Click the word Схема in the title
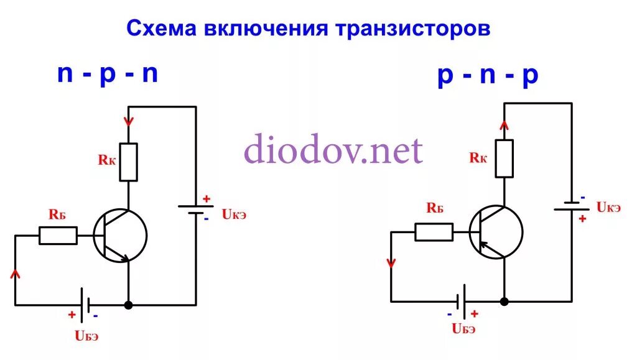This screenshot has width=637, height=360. [x=162, y=29]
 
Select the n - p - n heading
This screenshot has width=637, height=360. [x=107, y=74]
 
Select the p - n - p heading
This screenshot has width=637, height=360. [x=488, y=76]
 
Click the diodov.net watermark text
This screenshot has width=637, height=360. [x=333, y=150]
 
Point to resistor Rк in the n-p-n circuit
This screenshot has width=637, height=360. [x=128, y=162]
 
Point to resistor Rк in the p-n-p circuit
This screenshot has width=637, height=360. [x=504, y=158]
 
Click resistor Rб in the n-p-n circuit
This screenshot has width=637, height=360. [x=58, y=236]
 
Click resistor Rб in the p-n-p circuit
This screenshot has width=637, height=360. [x=434, y=232]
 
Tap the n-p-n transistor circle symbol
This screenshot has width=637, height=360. [x=121, y=236]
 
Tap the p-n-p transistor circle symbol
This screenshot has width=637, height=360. [x=496, y=232]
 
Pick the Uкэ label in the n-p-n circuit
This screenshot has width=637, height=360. [x=234, y=215]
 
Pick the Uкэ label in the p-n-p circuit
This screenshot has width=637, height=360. [x=608, y=207]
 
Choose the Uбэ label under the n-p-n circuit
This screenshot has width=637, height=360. [x=86, y=336]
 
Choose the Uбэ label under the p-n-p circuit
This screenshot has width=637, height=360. [x=464, y=329]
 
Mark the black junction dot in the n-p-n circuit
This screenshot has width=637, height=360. [x=128, y=305]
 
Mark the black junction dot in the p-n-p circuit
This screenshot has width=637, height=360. [x=504, y=302]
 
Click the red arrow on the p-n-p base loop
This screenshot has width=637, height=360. [x=391, y=262]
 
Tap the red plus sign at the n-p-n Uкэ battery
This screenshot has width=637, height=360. [x=207, y=199]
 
